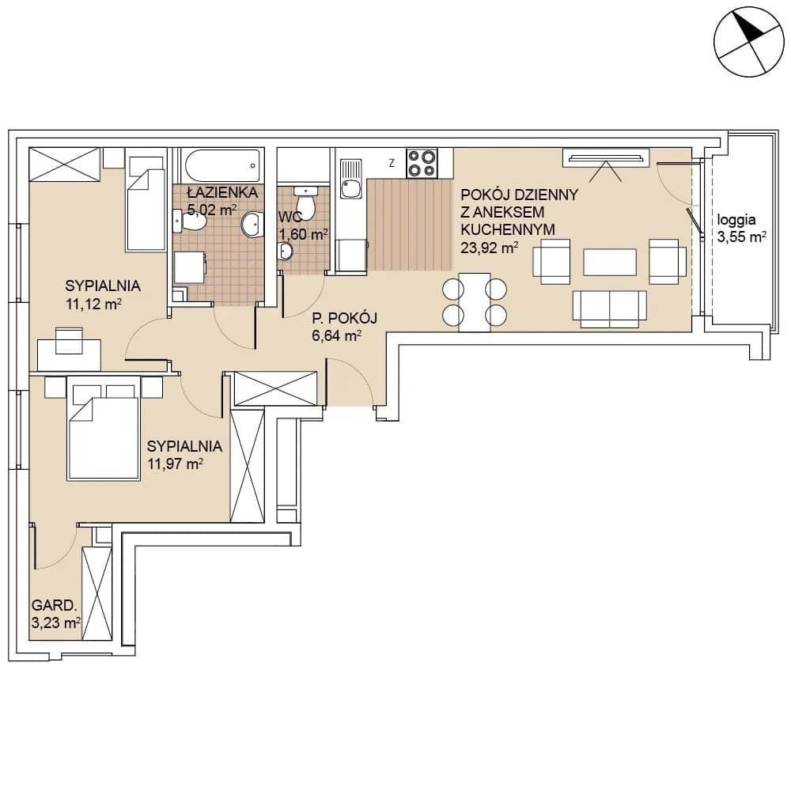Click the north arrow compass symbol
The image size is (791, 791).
[749, 42]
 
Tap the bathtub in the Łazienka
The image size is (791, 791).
[222, 165]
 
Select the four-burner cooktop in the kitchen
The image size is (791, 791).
[422, 163]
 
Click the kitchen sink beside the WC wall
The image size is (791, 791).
[351, 179]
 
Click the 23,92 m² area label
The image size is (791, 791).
[490, 247]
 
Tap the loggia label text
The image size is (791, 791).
[736, 220]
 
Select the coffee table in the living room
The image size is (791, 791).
[609, 263]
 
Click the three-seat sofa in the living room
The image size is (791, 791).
[609, 308]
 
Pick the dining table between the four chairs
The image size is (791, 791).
[474, 302]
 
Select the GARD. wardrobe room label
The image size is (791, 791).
[54, 605]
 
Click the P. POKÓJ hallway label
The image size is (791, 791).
[345, 318]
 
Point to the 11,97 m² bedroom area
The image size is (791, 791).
[175, 464]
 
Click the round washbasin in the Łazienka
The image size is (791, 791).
[252, 225]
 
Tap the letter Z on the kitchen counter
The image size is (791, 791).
[392, 163]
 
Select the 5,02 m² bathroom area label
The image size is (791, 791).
[212, 210]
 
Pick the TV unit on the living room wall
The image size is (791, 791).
[606, 158]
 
